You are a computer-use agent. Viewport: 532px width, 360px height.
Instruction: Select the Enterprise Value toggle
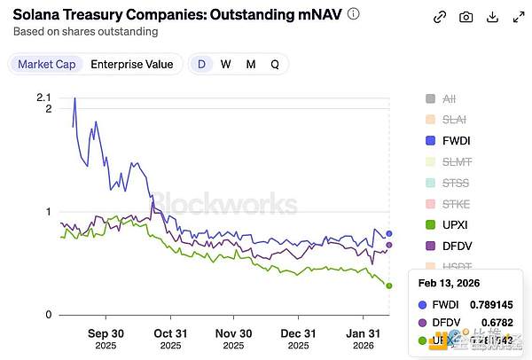coord(132,64)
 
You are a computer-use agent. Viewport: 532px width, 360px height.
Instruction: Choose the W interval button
coord(226,64)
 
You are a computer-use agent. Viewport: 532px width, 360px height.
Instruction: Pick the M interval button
coord(251,64)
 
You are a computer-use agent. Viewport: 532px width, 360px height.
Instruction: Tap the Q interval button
coord(275,64)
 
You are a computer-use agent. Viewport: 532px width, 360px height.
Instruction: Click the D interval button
coord(202,64)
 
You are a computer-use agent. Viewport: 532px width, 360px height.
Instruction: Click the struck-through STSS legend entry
coord(454,183)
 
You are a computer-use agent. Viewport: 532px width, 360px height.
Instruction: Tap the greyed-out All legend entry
coord(448,98)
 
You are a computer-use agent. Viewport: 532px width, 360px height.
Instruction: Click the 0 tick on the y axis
coord(48,316)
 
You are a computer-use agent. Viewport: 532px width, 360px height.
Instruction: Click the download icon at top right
coord(493,17)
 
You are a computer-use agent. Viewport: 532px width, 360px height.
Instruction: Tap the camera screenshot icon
coord(466,17)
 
